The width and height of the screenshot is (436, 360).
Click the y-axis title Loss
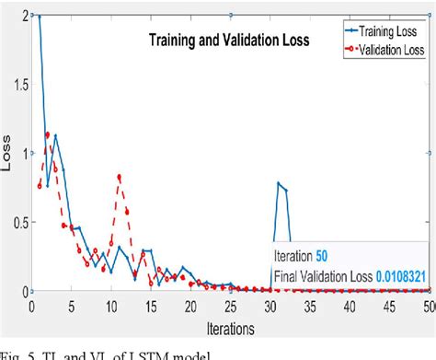pos(8,153)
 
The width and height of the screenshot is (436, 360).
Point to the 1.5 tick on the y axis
pos(19,84)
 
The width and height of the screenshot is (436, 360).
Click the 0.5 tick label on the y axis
pos(19,222)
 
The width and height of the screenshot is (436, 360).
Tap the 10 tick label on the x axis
pos(110,305)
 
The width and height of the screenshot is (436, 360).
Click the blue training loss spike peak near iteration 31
pos(278,183)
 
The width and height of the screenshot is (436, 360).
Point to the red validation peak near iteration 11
pos(119,177)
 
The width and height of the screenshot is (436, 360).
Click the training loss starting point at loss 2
pos(40,16)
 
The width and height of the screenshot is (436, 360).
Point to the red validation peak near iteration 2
pos(48,135)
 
